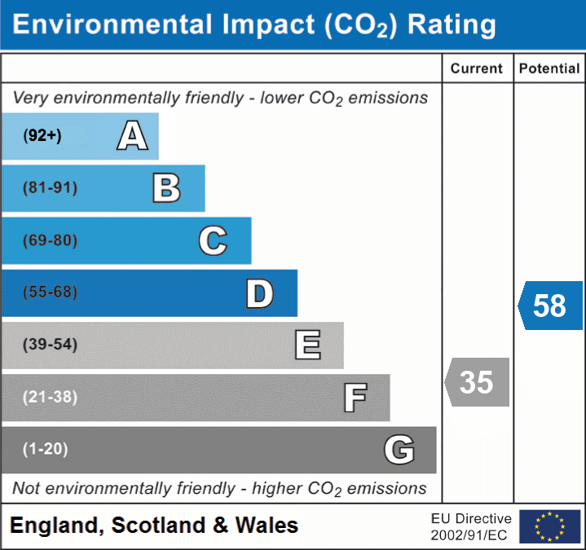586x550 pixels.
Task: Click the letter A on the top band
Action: point(132,136)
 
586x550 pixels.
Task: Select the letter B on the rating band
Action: point(166,188)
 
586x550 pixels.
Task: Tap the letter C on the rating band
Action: point(213,240)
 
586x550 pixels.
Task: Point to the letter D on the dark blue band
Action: point(259,293)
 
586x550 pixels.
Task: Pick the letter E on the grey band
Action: point(307,345)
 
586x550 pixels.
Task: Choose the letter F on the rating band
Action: point(355,398)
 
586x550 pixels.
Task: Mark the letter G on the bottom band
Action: point(399,450)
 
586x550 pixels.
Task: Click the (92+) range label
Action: point(42,136)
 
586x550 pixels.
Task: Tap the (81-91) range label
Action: point(50,188)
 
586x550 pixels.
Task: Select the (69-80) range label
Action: point(50,240)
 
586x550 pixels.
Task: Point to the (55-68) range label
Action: point(50,293)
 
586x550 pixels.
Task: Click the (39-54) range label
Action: point(50,345)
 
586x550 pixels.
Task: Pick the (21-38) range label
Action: point(50,398)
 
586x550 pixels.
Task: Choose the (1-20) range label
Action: point(46,449)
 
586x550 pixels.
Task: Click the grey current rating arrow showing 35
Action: point(477,381)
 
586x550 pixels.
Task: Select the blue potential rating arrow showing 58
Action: point(550,306)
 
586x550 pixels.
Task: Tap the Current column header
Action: point(477,69)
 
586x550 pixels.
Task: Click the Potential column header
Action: point(549,69)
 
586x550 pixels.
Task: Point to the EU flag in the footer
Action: point(550,526)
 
